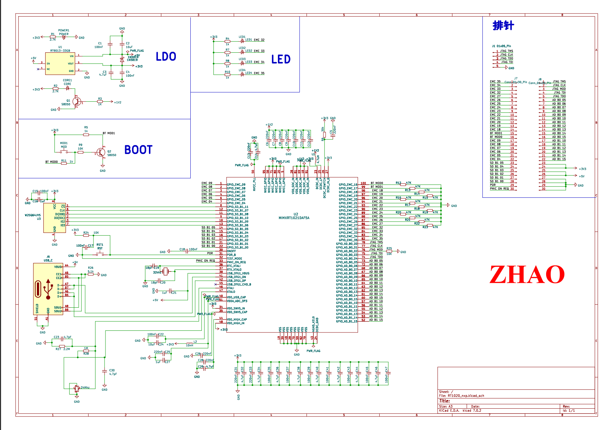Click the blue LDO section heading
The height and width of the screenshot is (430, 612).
click(x=166, y=57)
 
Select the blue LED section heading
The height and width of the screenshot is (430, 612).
click(x=281, y=59)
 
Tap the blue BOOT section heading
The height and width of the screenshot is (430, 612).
click(x=138, y=150)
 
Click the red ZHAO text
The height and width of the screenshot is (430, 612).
click(x=527, y=275)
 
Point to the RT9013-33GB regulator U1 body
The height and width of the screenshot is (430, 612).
click(x=60, y=63)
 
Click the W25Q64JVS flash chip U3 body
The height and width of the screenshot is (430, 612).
click(x=54, y=218)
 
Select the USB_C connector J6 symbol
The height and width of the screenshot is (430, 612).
click(x=48, y=289)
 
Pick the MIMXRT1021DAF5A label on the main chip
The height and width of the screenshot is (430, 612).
click(x=294, y=218)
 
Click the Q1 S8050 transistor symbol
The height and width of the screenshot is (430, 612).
click(x=77, y=102)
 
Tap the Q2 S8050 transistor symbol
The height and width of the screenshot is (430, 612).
click(x=101, y=152)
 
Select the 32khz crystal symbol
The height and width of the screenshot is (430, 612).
click(x=166, y=272)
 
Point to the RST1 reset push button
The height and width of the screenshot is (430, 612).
click(x=100, y=254)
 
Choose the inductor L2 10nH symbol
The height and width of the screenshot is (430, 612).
click(x=190, y=343)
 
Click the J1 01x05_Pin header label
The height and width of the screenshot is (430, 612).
click(x=501, y=46)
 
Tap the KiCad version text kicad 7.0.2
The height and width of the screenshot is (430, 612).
click(x=472, y=410)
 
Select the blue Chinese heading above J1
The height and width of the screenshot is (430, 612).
click(x=503, y=25)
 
